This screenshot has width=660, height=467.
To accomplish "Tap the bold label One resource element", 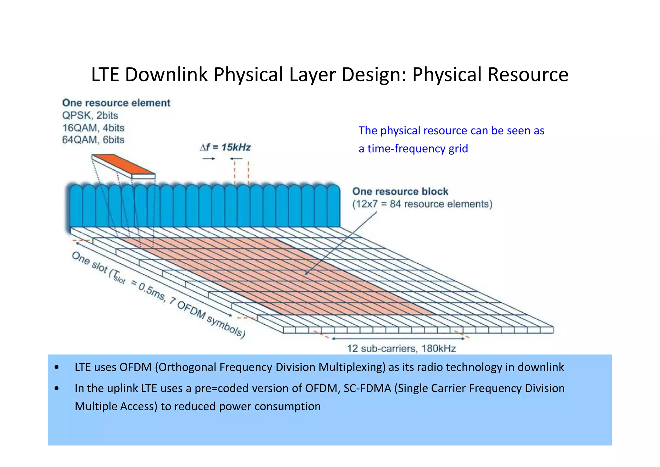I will pos(116,103).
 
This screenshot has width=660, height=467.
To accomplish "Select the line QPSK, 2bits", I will pos(90,116).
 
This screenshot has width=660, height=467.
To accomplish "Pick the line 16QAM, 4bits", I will pos(93,128).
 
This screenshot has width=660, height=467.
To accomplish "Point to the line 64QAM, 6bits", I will pos(93,140).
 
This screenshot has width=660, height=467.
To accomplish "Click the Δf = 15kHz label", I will pos(225,147).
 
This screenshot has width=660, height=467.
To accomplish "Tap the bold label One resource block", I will pos(400,191).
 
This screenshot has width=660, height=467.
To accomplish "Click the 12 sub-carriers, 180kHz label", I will pos(401,349).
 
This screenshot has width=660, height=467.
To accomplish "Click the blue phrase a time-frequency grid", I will pos(413,148).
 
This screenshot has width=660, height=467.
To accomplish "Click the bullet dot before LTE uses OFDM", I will pos(57,368).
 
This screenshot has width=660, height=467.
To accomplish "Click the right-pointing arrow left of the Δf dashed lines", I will pos(209,159).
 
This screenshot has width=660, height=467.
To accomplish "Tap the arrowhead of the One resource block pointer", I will pos(306,274).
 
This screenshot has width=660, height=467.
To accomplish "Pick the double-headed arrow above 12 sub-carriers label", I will pos(398,339).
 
